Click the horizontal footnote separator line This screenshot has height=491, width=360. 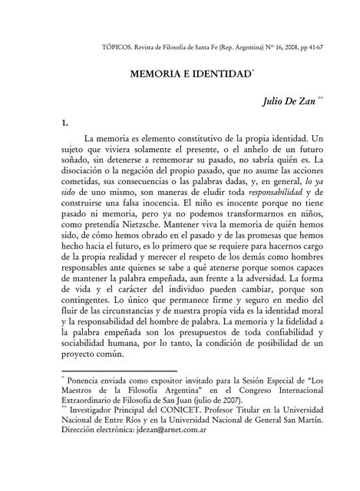point(118,369)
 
